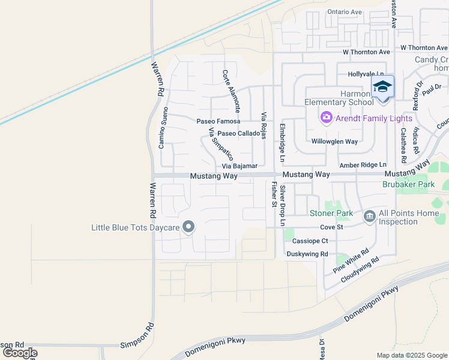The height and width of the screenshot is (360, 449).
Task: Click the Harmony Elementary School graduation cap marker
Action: (382, 88)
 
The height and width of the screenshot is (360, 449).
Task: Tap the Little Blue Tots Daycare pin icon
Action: (188, 227)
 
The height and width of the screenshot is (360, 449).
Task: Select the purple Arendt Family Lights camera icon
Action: (327, 117)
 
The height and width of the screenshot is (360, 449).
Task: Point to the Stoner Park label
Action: (331, 213)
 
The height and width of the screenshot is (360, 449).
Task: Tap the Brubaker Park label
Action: (408, 185)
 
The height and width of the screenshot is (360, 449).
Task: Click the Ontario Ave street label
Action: (345, 12)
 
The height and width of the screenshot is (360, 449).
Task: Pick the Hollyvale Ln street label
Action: (366, 74)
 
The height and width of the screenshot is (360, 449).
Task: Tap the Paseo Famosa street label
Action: (218, 121)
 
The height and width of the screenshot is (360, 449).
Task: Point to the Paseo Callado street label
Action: (238, 133)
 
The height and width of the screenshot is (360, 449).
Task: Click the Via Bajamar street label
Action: (240, 166)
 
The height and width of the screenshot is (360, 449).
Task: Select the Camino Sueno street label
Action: (162, 128)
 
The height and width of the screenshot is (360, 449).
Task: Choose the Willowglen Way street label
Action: (334, 142)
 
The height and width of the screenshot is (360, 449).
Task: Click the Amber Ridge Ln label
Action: (363, 164)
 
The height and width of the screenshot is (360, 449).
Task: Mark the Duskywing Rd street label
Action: (307, 254)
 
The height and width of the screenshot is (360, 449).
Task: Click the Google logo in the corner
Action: (19, 353)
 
